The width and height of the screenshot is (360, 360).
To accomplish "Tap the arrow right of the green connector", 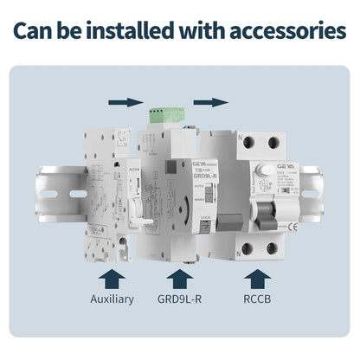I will [210, 102].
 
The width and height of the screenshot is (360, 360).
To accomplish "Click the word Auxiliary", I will [112, 299].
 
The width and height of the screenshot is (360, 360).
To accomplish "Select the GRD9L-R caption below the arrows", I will [179, 299].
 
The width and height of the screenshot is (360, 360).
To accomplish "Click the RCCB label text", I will [255, 299].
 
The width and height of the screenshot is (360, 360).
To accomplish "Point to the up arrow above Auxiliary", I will [112, 277].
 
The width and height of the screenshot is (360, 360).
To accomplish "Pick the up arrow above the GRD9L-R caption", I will [179, 277].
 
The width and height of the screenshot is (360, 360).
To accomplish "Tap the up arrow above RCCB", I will [255, 277].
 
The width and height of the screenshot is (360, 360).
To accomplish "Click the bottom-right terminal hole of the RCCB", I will [273, 249].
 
